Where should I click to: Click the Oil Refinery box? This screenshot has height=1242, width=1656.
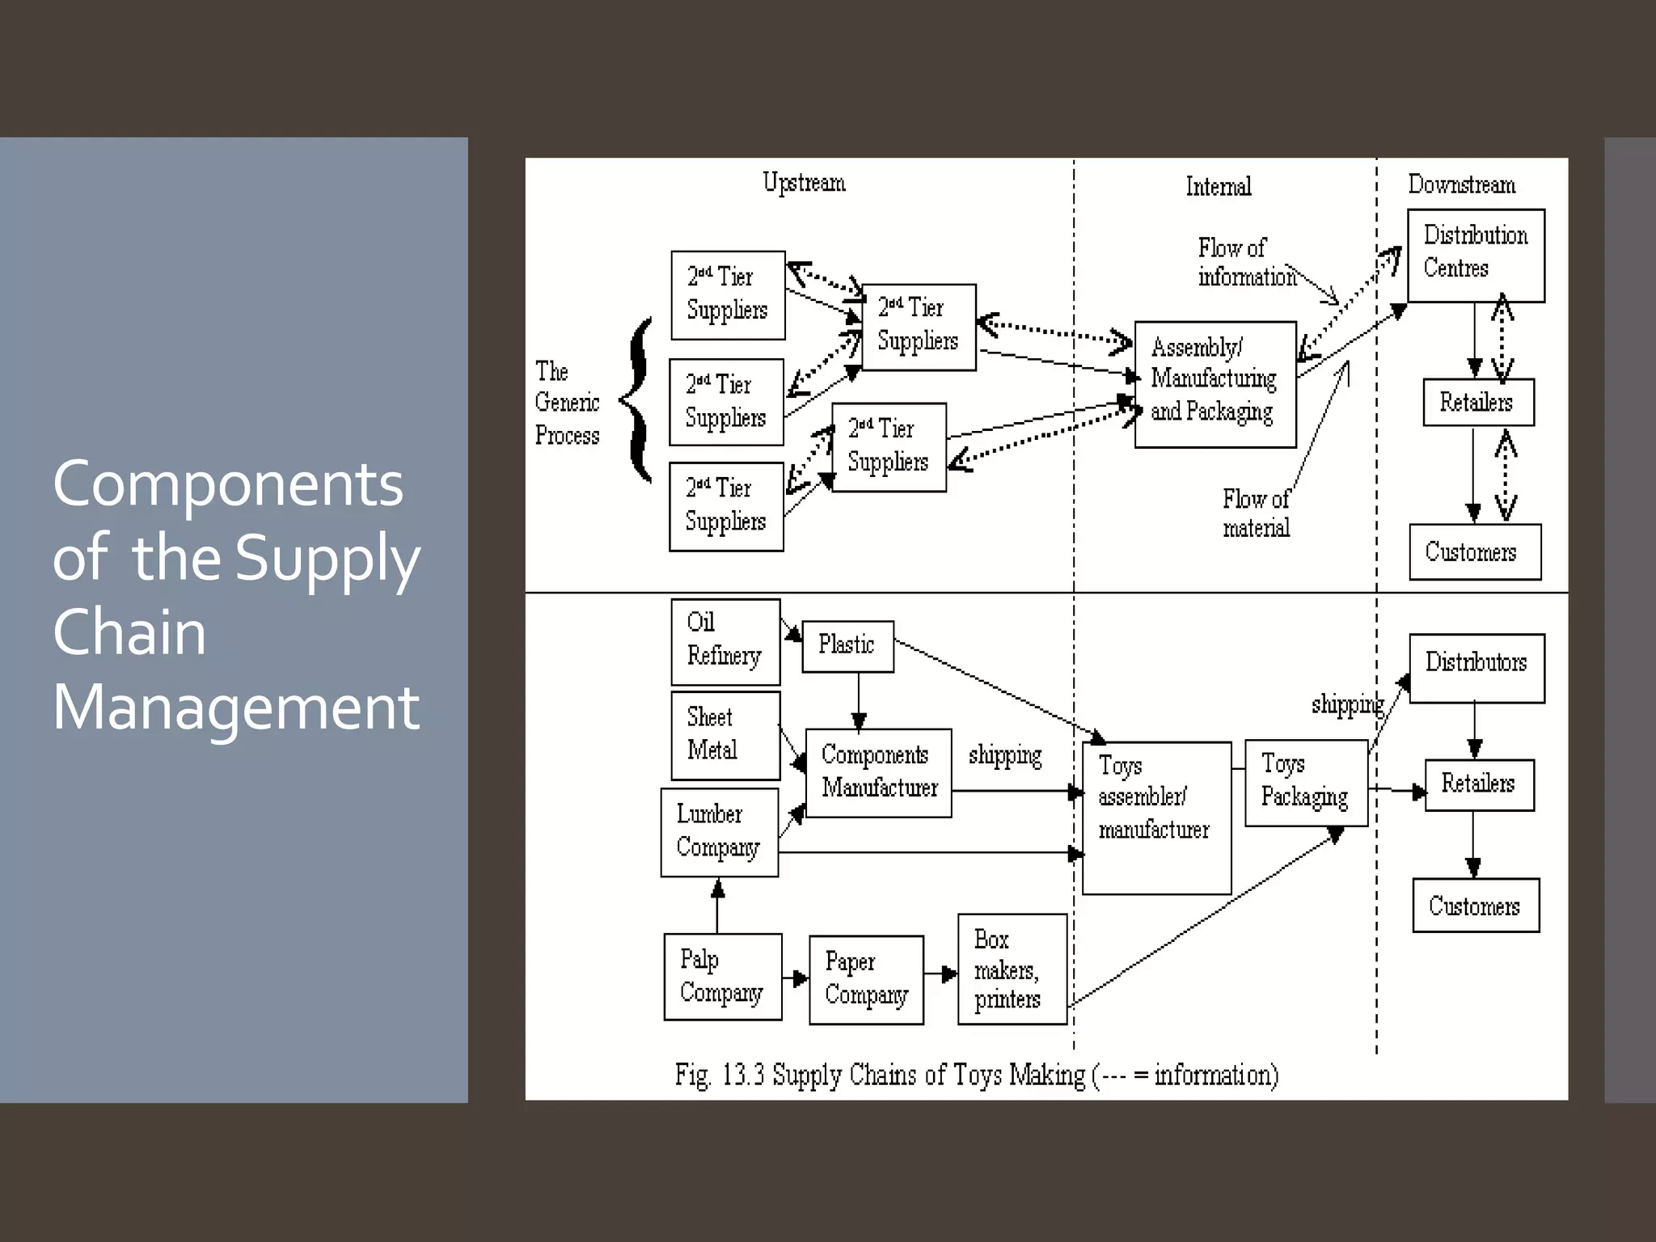(725, 641)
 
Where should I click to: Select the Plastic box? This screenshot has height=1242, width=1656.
(847, 646)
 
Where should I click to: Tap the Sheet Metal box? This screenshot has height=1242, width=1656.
(725, 735)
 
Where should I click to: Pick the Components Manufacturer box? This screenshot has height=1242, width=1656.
(878, 772)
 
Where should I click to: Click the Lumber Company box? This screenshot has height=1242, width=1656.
(719, 832)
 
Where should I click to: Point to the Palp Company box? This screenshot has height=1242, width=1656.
(722, 976)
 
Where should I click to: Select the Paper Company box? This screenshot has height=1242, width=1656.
(866, 979)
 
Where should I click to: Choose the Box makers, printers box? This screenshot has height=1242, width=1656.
(1012, 969)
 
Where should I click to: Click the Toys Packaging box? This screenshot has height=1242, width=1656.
(1305, 782)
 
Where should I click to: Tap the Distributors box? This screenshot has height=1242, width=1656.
(1476, 667)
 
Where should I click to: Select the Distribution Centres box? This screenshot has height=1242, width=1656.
(1476, 255)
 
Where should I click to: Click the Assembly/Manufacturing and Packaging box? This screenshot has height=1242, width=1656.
(1215, 384)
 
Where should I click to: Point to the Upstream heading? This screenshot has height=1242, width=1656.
(804, 184)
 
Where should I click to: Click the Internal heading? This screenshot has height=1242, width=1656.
(1218, 187)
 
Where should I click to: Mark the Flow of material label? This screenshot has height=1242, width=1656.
(1255, 513)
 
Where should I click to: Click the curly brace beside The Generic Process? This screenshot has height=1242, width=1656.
(639, 400)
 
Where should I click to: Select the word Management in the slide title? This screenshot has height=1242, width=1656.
(236, 708)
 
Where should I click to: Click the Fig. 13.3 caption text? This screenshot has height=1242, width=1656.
(976, 1075)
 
